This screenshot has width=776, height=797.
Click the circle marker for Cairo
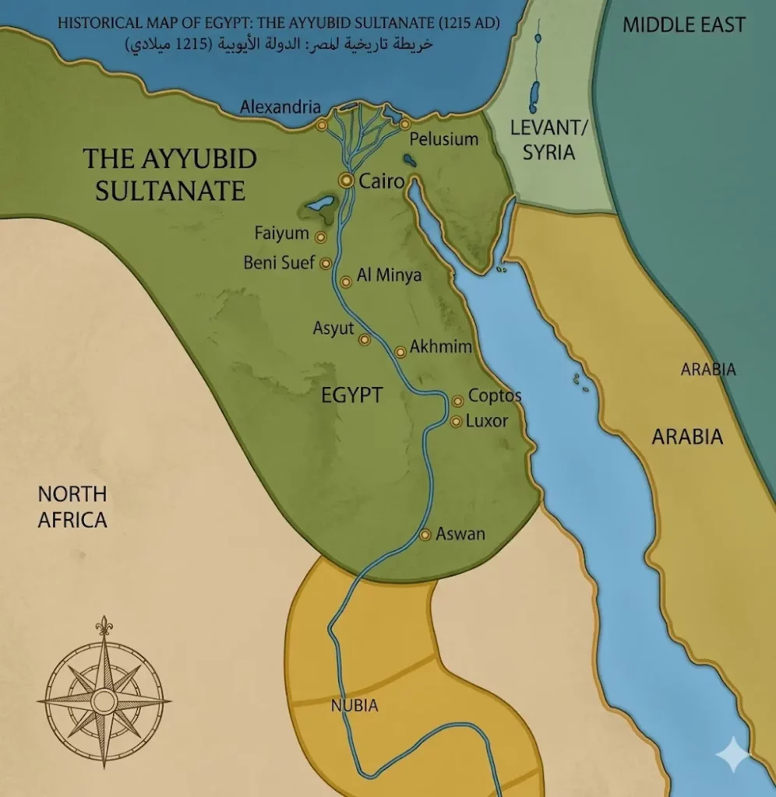pos(345,181)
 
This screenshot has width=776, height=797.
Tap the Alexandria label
pos(280,107)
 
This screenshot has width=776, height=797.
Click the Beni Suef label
pos(279,262)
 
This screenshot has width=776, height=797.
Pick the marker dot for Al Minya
pos(346,282)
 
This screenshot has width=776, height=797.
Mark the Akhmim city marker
pos(400,352)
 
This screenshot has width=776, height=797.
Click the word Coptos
pos(495,396)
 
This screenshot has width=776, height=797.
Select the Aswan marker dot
pos(425,535)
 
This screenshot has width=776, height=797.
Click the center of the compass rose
pos(104,700)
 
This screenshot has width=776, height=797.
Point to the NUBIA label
pos(354,706)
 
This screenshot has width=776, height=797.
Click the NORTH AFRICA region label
pos(72,507)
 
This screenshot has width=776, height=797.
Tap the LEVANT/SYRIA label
pos(548,140)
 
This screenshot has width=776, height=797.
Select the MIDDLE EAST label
pos(683,25)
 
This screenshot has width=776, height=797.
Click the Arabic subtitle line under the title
pos(278,44)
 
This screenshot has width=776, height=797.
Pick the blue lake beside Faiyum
pos(320,205)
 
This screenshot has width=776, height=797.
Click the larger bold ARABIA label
pos(687,437)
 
